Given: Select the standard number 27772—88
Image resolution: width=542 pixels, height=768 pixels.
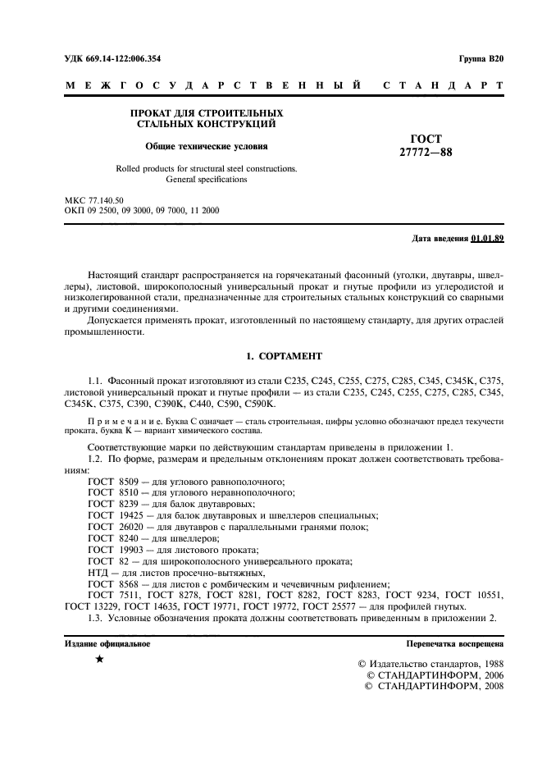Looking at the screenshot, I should click(x=426, y=152).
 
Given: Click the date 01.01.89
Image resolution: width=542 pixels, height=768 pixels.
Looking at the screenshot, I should click(x=487, y=239).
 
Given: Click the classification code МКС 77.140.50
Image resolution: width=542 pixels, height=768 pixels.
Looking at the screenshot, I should click(x=94, y=200).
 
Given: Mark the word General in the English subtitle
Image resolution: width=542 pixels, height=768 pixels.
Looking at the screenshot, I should click(x=183, y=179).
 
